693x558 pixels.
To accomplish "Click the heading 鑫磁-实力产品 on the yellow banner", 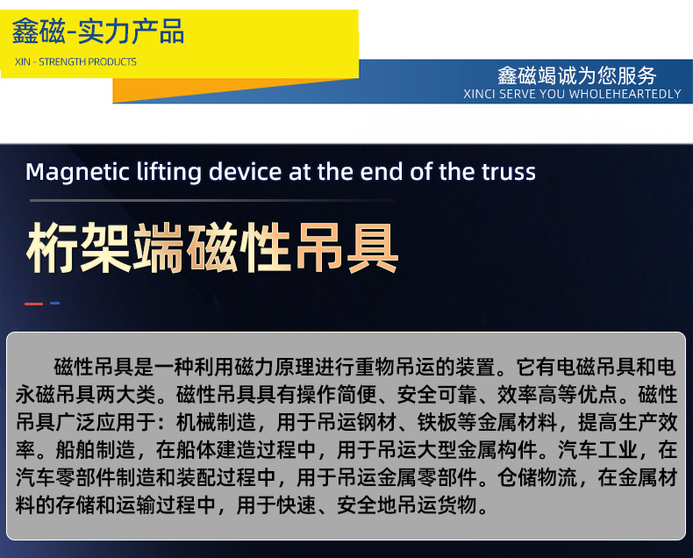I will [x=98, y=33].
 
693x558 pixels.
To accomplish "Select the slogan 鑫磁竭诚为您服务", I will [x=576, y=75].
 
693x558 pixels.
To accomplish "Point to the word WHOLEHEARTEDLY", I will [x=625, y=94].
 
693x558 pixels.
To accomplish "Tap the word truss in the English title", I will [x=506, y=171].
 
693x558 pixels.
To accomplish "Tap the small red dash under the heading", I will [x=33, y=304].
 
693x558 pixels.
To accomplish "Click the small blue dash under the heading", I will [x=54, y=304].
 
